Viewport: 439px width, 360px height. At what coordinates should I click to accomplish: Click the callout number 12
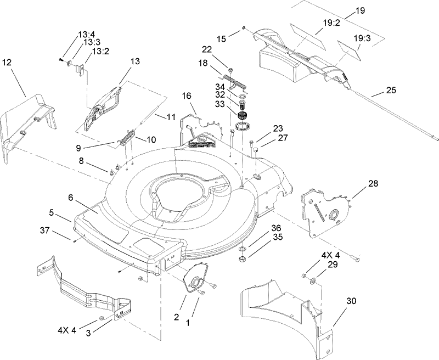click(x=7, y=63)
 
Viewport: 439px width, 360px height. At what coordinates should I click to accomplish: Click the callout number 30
click(x=351, y=301)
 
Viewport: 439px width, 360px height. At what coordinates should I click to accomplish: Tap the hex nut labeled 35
click(x=242, y=257)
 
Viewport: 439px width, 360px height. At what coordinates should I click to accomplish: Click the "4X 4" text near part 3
click(x=69, y=330)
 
